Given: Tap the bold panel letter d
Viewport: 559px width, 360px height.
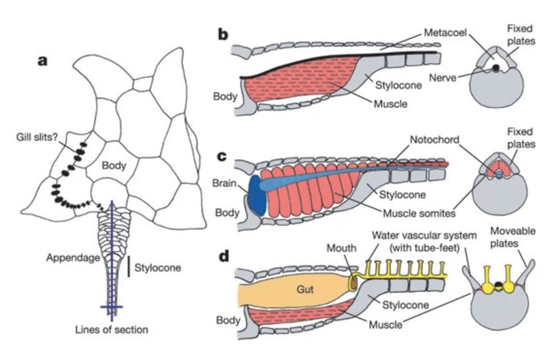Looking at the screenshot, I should (x=223, y=256).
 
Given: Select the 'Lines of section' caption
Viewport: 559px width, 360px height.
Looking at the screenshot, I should (x=112, y=329).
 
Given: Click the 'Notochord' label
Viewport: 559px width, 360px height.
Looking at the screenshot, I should (x=434, y=139).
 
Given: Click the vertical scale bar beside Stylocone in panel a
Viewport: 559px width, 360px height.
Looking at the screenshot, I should (x=128, y=267).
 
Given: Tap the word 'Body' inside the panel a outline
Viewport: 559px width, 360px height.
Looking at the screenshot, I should (x=114, y=165).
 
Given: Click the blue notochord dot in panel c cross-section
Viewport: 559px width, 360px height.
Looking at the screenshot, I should (x=498, y=173).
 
